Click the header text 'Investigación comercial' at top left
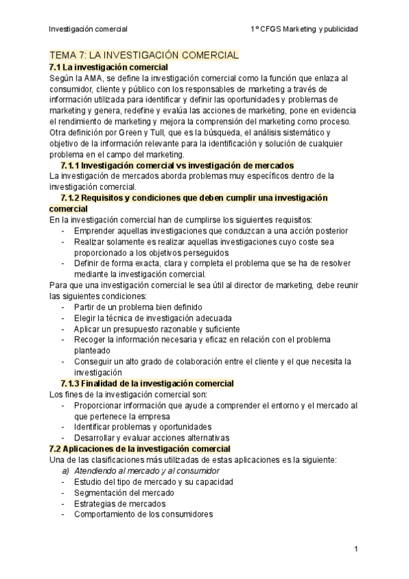pyautogui.click(x=88, y=29)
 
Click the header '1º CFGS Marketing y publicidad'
pyautogui.click(x=304, y=29)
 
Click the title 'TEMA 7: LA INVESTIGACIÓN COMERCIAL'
pyautogui.click(x=144, y=55)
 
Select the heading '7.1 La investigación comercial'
pyautogui.click(x=109, y=67)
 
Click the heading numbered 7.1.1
pyautogui.click(x=177, y=165)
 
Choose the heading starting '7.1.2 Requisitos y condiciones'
pyautogui.click(x=194, y=198)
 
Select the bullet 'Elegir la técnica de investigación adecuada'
pyautogui.click(x=153, y=318)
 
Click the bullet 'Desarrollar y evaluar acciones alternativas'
pyautogui.click(x=152, y=438)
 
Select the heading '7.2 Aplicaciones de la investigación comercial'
pyautogui.click(x=140, y=449)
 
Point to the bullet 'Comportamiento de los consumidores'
pyautogui.click(x=144, y=514)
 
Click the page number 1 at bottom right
pyautogui.click(x=356, y=548)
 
